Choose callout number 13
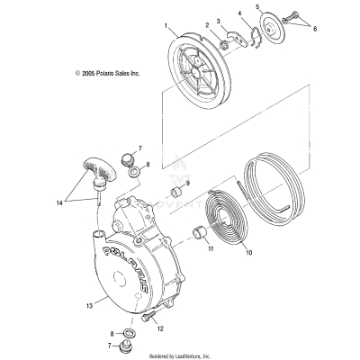tap(88, 307)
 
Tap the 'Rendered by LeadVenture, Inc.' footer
tap(180, 355)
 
